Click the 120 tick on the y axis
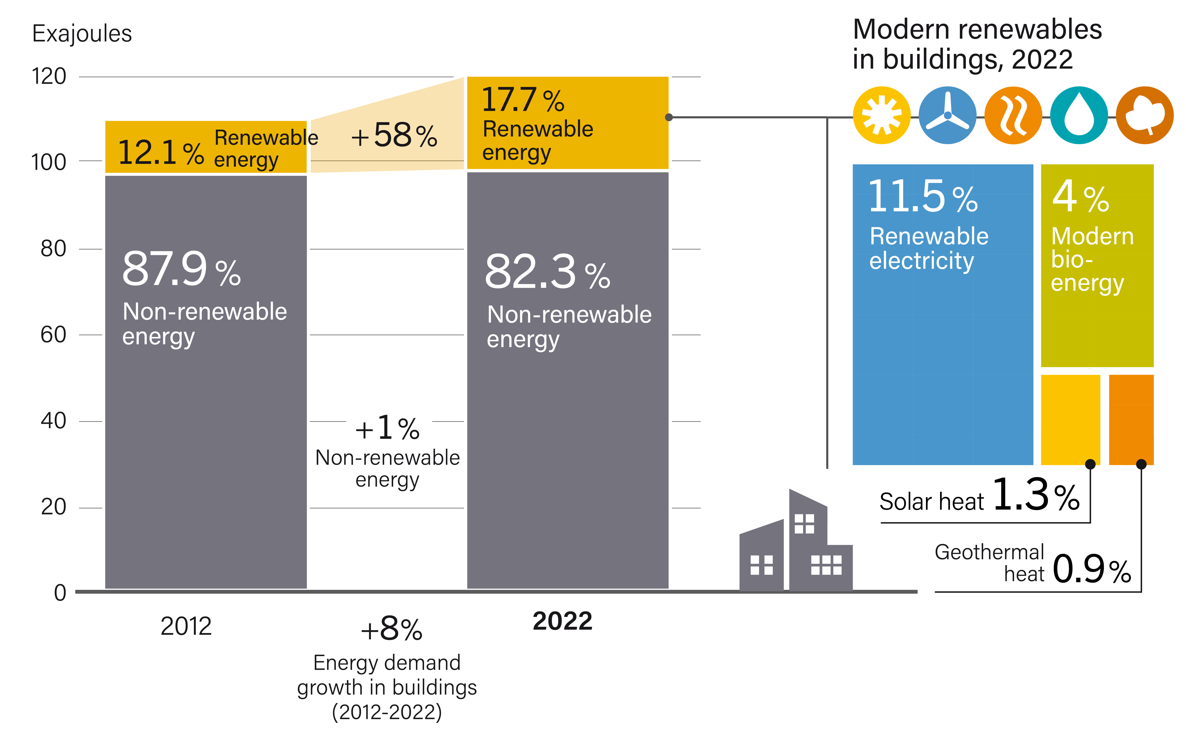coord(49,77)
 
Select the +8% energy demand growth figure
coord(391,629)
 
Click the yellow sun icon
coord(882,115)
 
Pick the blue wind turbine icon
coord(947,115)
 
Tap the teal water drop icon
coord(1079,115)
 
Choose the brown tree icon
coord(1145,115)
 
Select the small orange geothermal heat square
coord(1131,420)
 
